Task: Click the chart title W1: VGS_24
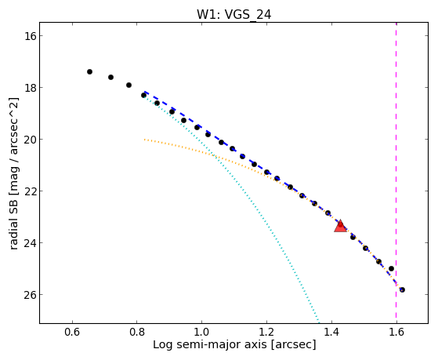[233, 14]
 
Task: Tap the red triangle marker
[340, 227]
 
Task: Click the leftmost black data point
[89, 72]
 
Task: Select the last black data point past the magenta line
[402, 289]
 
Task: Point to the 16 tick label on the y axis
[30, 36]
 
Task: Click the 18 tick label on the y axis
[30, 88]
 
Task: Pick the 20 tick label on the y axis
[30, 140]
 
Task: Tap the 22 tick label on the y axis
[30, 191]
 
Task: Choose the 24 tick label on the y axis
[30, 243]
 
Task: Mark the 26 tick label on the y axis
[30, 295]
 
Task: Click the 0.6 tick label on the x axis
[72, 332]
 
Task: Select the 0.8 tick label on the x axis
[137, 332]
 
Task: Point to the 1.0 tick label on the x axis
[201, 332]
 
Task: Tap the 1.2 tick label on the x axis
[266, 332]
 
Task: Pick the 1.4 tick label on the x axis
[331, 332]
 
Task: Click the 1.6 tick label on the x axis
[396, 332]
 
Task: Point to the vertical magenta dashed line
[396, 173]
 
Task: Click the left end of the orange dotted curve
[145, 140]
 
